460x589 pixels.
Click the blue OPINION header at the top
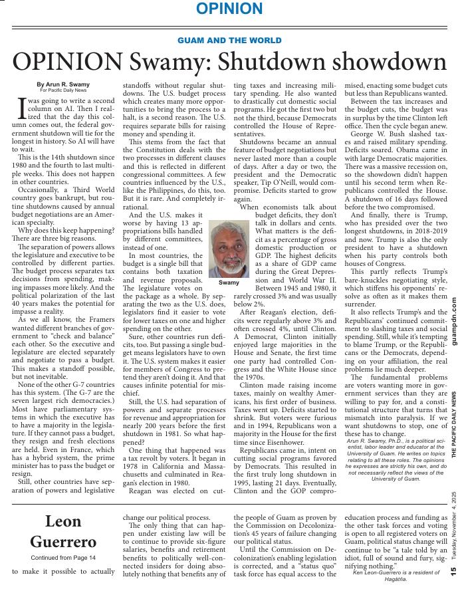pos(229,9)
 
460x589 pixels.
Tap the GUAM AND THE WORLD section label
pos(229,41)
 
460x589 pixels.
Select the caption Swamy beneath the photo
pos(229,283)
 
